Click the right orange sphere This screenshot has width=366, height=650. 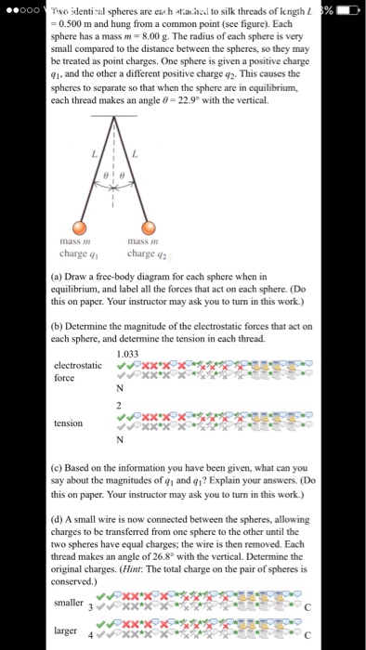click(149, 229)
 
